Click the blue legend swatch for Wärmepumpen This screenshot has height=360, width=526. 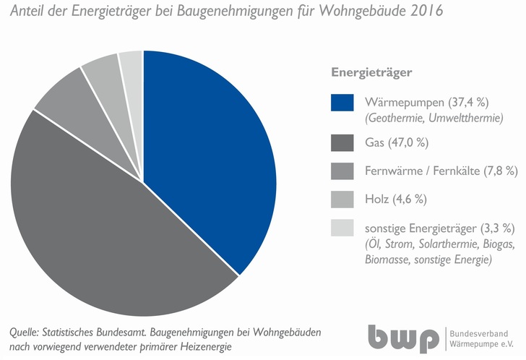[x=342, y=103]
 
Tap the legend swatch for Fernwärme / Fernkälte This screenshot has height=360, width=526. [x=342, y=171]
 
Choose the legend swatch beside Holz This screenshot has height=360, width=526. [x=342, y=200]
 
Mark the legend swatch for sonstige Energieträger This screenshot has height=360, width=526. [x=342, y=228]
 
